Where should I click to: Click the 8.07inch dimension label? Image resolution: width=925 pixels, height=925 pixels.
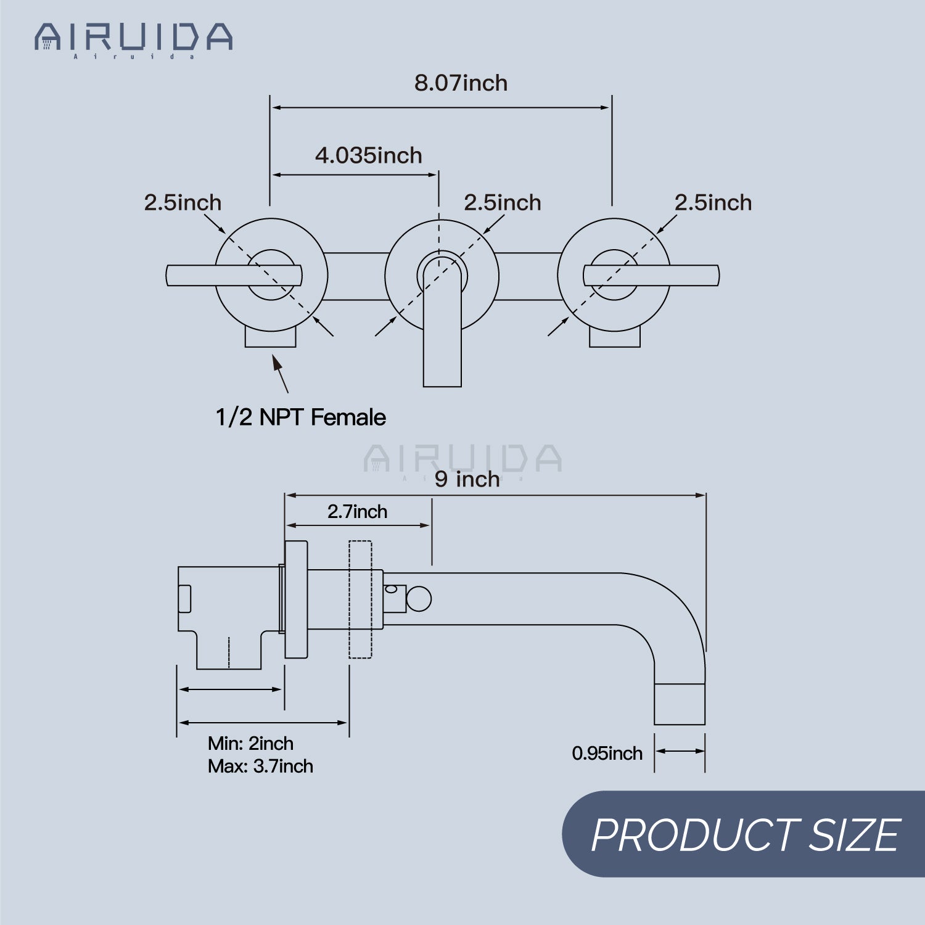click(461, 83)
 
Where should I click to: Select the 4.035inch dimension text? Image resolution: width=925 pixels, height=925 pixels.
click(369, 155)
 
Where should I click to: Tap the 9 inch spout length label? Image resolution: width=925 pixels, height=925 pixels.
click(467, 479)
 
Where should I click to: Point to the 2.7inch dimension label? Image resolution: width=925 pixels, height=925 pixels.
click(357, 511)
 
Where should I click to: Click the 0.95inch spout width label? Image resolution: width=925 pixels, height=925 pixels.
click(607, 753)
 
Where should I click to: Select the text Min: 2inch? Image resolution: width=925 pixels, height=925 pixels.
click(250, 743)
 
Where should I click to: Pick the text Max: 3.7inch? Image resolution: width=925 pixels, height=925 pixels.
click(260, 766)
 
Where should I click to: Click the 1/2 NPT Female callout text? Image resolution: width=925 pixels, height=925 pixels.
click(300, 417)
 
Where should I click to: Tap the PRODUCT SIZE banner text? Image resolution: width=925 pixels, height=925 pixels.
click(746, 836)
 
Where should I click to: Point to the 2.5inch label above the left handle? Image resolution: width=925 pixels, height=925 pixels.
click(183, 202)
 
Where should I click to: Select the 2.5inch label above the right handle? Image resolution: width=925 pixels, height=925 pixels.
click(713, 202)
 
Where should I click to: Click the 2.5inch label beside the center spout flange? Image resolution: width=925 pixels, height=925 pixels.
click(503, 202)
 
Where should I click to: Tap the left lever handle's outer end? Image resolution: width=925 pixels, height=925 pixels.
click(168, 276)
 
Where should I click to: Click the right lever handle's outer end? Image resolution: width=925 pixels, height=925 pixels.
click(718, 276)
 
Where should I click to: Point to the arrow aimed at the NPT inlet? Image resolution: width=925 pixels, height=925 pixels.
click(281, 374)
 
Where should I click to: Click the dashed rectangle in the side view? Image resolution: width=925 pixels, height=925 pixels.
click(361, 599)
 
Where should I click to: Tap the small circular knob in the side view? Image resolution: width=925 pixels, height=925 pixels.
click(419, 599)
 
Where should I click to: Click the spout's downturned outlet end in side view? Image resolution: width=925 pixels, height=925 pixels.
click(680, 704)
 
